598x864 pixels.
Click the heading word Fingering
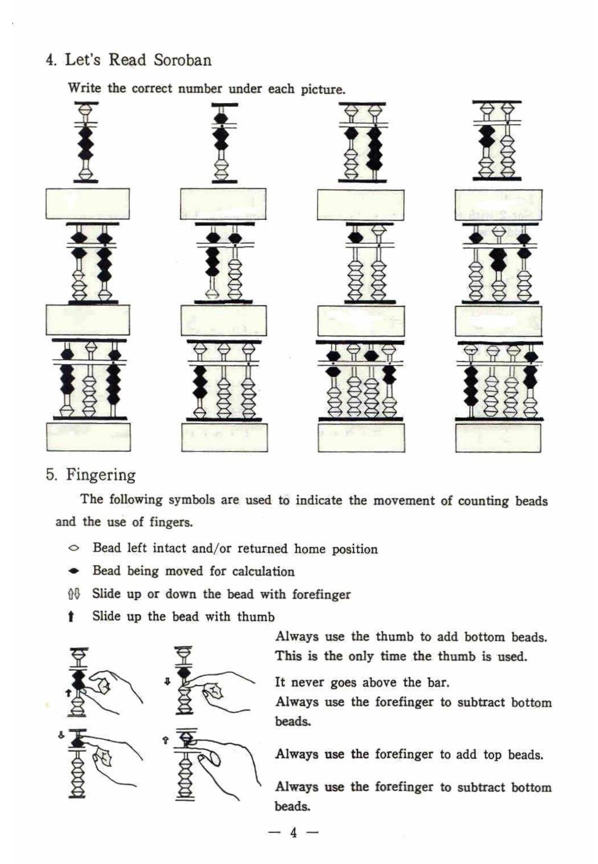click(101, 475)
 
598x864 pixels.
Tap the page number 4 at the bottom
click(293, 832)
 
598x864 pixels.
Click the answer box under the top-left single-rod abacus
click(88, 204)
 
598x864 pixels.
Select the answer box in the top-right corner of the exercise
click(498, 205)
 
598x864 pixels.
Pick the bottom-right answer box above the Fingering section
click(498, 438)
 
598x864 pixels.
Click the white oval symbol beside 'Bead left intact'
click(74, 549)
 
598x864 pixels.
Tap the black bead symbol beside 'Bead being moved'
click(74, 572)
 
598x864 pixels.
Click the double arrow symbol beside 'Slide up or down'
click(74, 594)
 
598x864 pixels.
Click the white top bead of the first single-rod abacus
click(86, 111)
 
